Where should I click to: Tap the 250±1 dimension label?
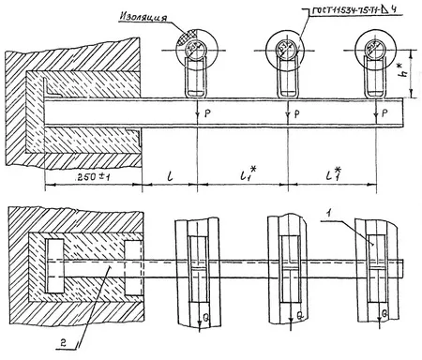click(76, 176)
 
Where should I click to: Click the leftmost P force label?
click(207, 114)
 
